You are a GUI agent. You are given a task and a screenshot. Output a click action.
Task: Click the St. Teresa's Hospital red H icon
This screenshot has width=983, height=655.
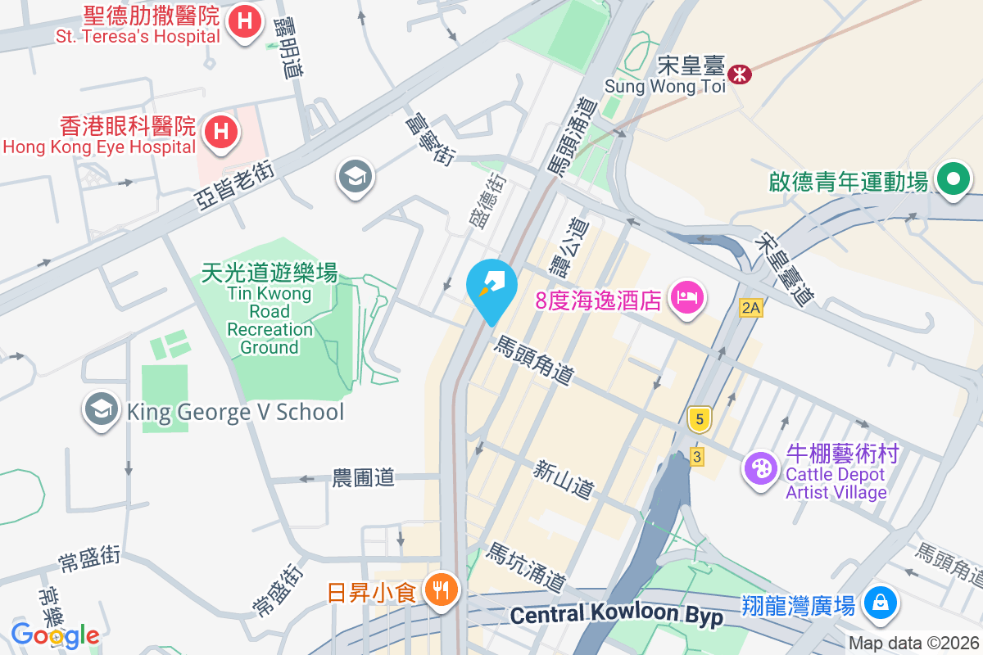point(244,20)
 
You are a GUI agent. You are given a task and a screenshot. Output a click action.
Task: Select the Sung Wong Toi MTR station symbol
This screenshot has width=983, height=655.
point(741,75)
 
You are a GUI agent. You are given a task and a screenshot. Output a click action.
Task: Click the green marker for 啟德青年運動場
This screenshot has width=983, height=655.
point(954,179)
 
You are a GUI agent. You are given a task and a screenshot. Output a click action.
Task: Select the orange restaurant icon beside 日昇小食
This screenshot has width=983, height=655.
point(441,590)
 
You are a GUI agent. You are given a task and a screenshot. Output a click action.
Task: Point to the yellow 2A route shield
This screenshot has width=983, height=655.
point(750,308)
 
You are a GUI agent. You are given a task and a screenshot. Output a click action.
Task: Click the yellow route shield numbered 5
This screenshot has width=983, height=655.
point(699,419)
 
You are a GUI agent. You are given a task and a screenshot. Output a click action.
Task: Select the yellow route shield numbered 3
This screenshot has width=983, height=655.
point(696,457)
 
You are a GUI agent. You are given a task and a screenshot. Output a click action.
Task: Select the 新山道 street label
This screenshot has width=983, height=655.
point(563,480)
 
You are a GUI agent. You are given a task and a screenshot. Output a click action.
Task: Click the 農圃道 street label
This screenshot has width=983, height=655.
point(363,477)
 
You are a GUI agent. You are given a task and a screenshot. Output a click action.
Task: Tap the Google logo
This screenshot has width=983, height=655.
point(55,635)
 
